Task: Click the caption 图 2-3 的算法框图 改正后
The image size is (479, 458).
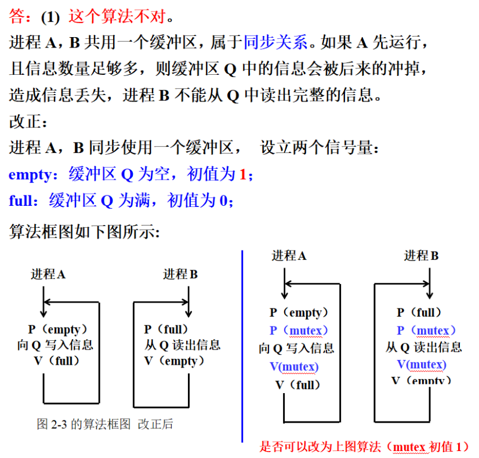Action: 105,424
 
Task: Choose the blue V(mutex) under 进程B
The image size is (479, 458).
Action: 422,364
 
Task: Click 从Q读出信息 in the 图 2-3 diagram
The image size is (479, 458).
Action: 182,345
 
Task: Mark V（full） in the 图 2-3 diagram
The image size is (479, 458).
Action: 55,361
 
